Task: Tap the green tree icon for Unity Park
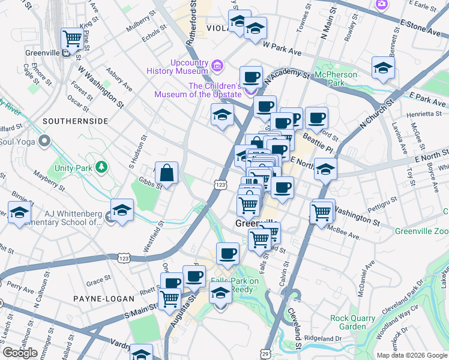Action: click(x=103, y=166)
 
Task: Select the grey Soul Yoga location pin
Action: click(x=43, y=142)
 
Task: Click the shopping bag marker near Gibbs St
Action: click(x=167, y=173)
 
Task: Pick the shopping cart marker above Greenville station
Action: click(x=72, y=39)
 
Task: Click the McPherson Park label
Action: click(x=337, y=79)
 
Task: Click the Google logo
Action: click(x=20, y=353)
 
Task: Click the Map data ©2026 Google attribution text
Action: click(x=411, y=355)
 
